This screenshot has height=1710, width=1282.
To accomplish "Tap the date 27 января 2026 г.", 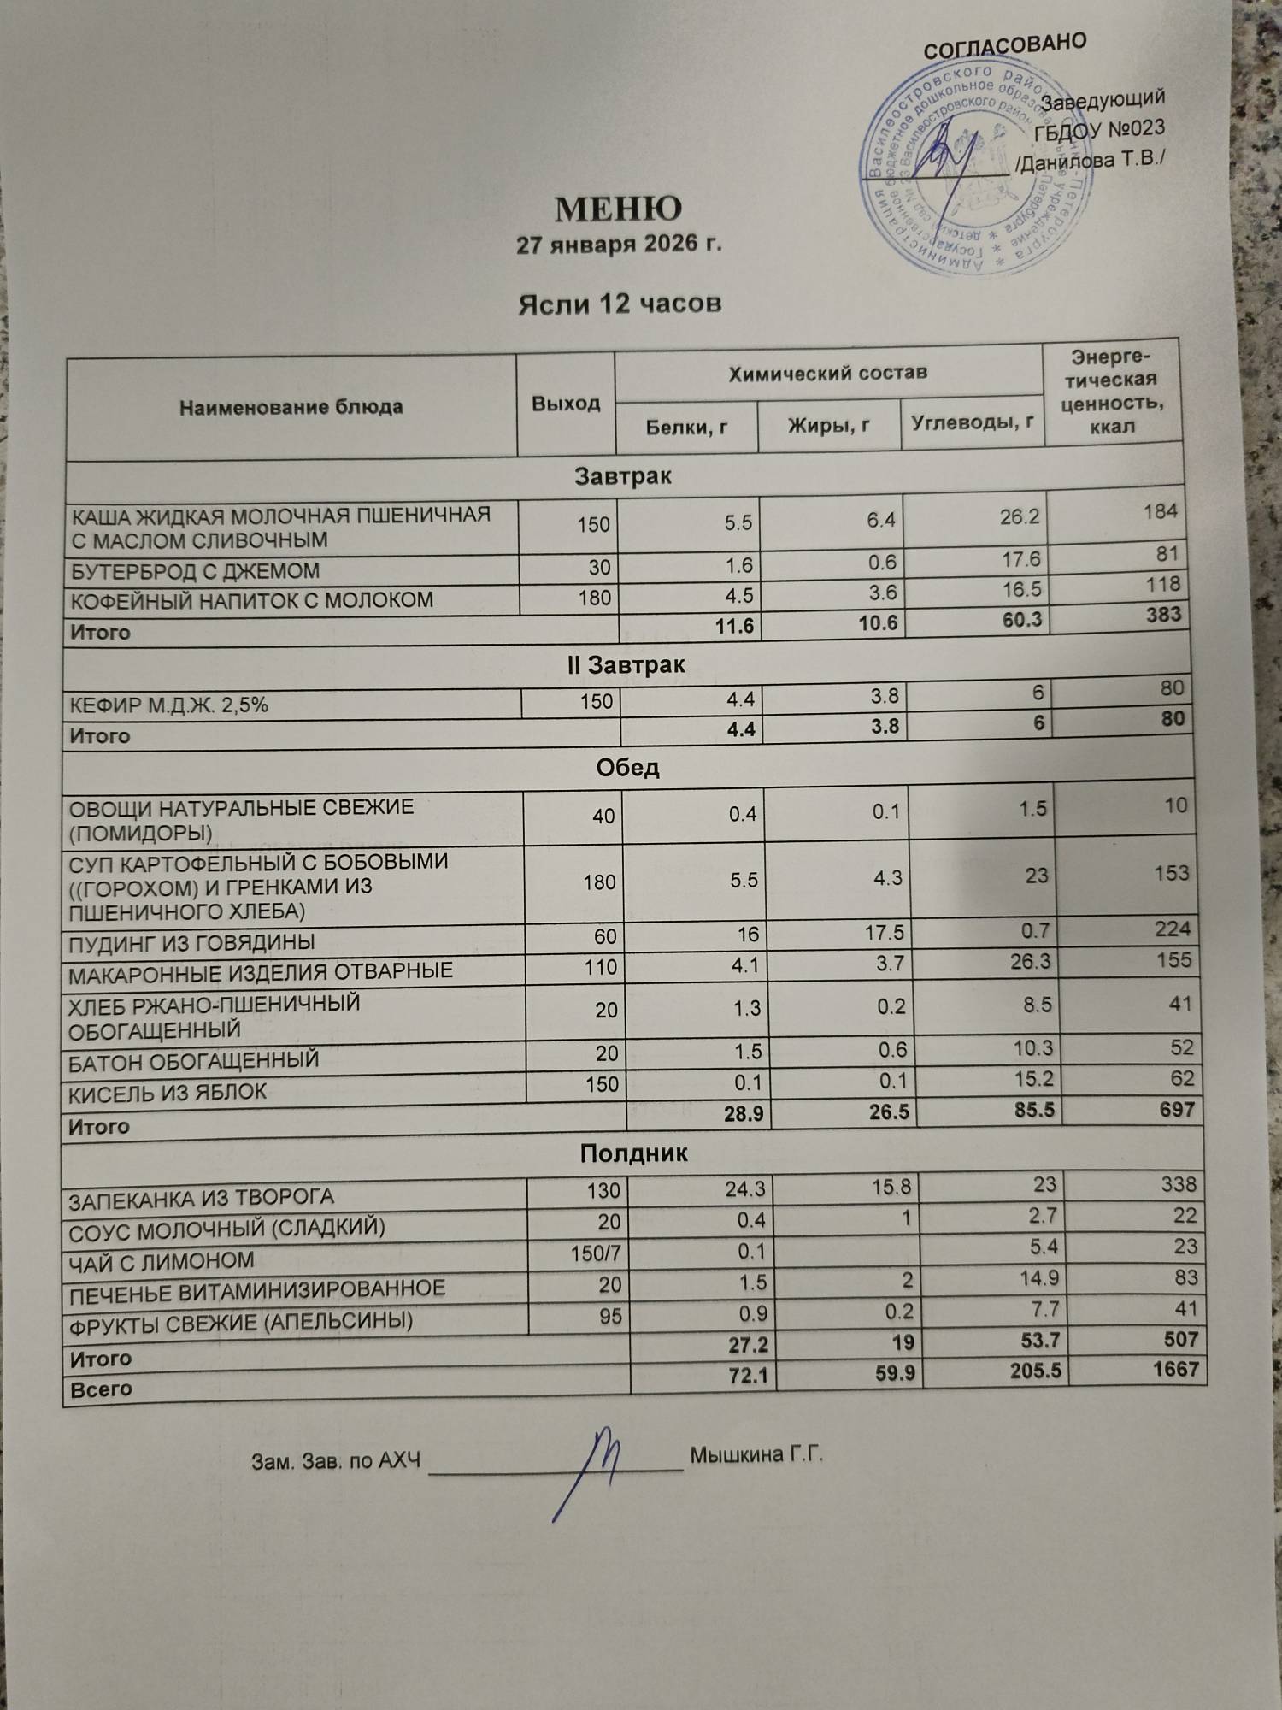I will tap(620, 245).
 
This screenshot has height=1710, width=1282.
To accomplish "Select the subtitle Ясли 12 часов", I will tap(620, 303).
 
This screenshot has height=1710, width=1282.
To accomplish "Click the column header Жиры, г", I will tap(828, 424).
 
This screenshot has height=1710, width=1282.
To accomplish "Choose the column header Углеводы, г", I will tap(973, 422).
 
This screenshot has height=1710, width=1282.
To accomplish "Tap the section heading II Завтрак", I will tap(626, 664).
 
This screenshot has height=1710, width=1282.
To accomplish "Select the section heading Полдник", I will tap(633, 1153).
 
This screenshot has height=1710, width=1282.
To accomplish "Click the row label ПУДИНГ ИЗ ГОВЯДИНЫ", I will tap(191, 942).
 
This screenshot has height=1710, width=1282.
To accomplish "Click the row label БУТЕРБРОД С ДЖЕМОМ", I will tap(195, 570).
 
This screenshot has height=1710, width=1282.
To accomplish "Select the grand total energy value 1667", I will tap(1175, 1369).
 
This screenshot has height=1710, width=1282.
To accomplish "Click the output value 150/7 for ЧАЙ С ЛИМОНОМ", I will tap(596, 1254).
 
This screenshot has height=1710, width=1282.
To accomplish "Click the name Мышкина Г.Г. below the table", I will tap(756, 1454).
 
